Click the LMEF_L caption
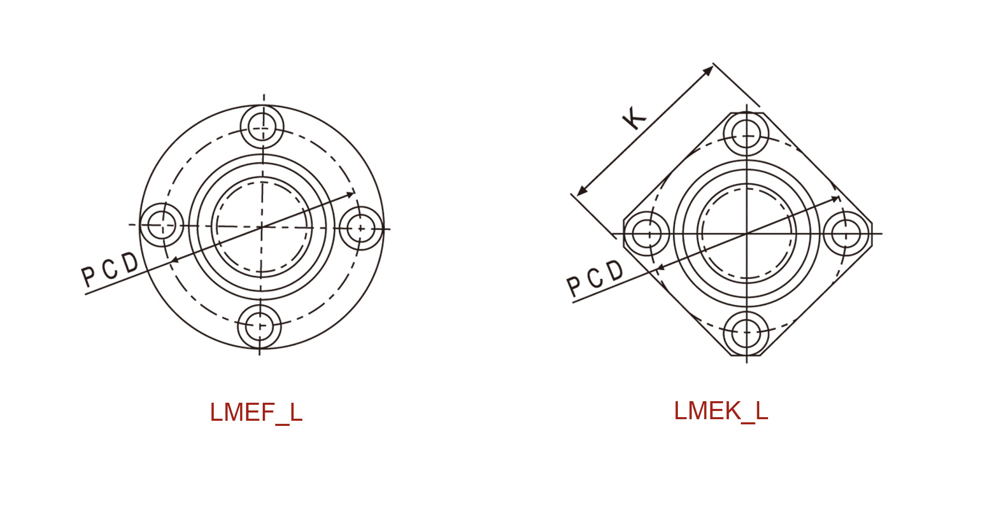coord(256,413)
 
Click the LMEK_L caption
coord(721,411)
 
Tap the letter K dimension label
coord(634,118)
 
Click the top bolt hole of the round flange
coord(262,127)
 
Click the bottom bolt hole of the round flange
coord(260,327)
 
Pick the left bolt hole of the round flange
coord(162,225)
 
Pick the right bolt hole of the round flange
coord(361,228)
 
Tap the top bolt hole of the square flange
coord(746,134)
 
